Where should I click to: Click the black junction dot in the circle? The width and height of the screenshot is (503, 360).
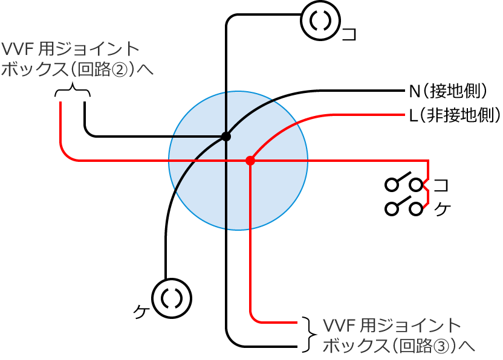[x=226, y=137]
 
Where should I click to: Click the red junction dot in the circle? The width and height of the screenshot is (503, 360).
[x=250, y=161]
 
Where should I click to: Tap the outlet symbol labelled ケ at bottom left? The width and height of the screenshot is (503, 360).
[x=172, y=298]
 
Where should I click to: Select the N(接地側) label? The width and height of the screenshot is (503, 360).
[x=448, y=92]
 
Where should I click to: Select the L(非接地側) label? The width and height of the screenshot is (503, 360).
[x=454, y=114]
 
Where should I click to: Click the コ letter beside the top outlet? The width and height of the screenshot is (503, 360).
[x=349, y=33]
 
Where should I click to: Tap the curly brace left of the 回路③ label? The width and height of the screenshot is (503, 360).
[x=308, y=334]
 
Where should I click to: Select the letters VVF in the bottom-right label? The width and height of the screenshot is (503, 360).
[x=340, y=326]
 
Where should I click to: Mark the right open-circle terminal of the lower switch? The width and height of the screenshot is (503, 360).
[x=415, y=209]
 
